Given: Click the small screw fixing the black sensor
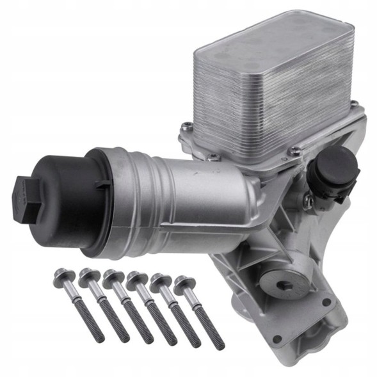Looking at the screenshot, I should [309, 202].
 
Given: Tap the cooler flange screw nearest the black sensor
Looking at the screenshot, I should [296, 151].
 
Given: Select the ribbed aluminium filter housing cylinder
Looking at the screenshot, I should [173, 192].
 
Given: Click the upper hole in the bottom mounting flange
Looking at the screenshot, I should [326, 302].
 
